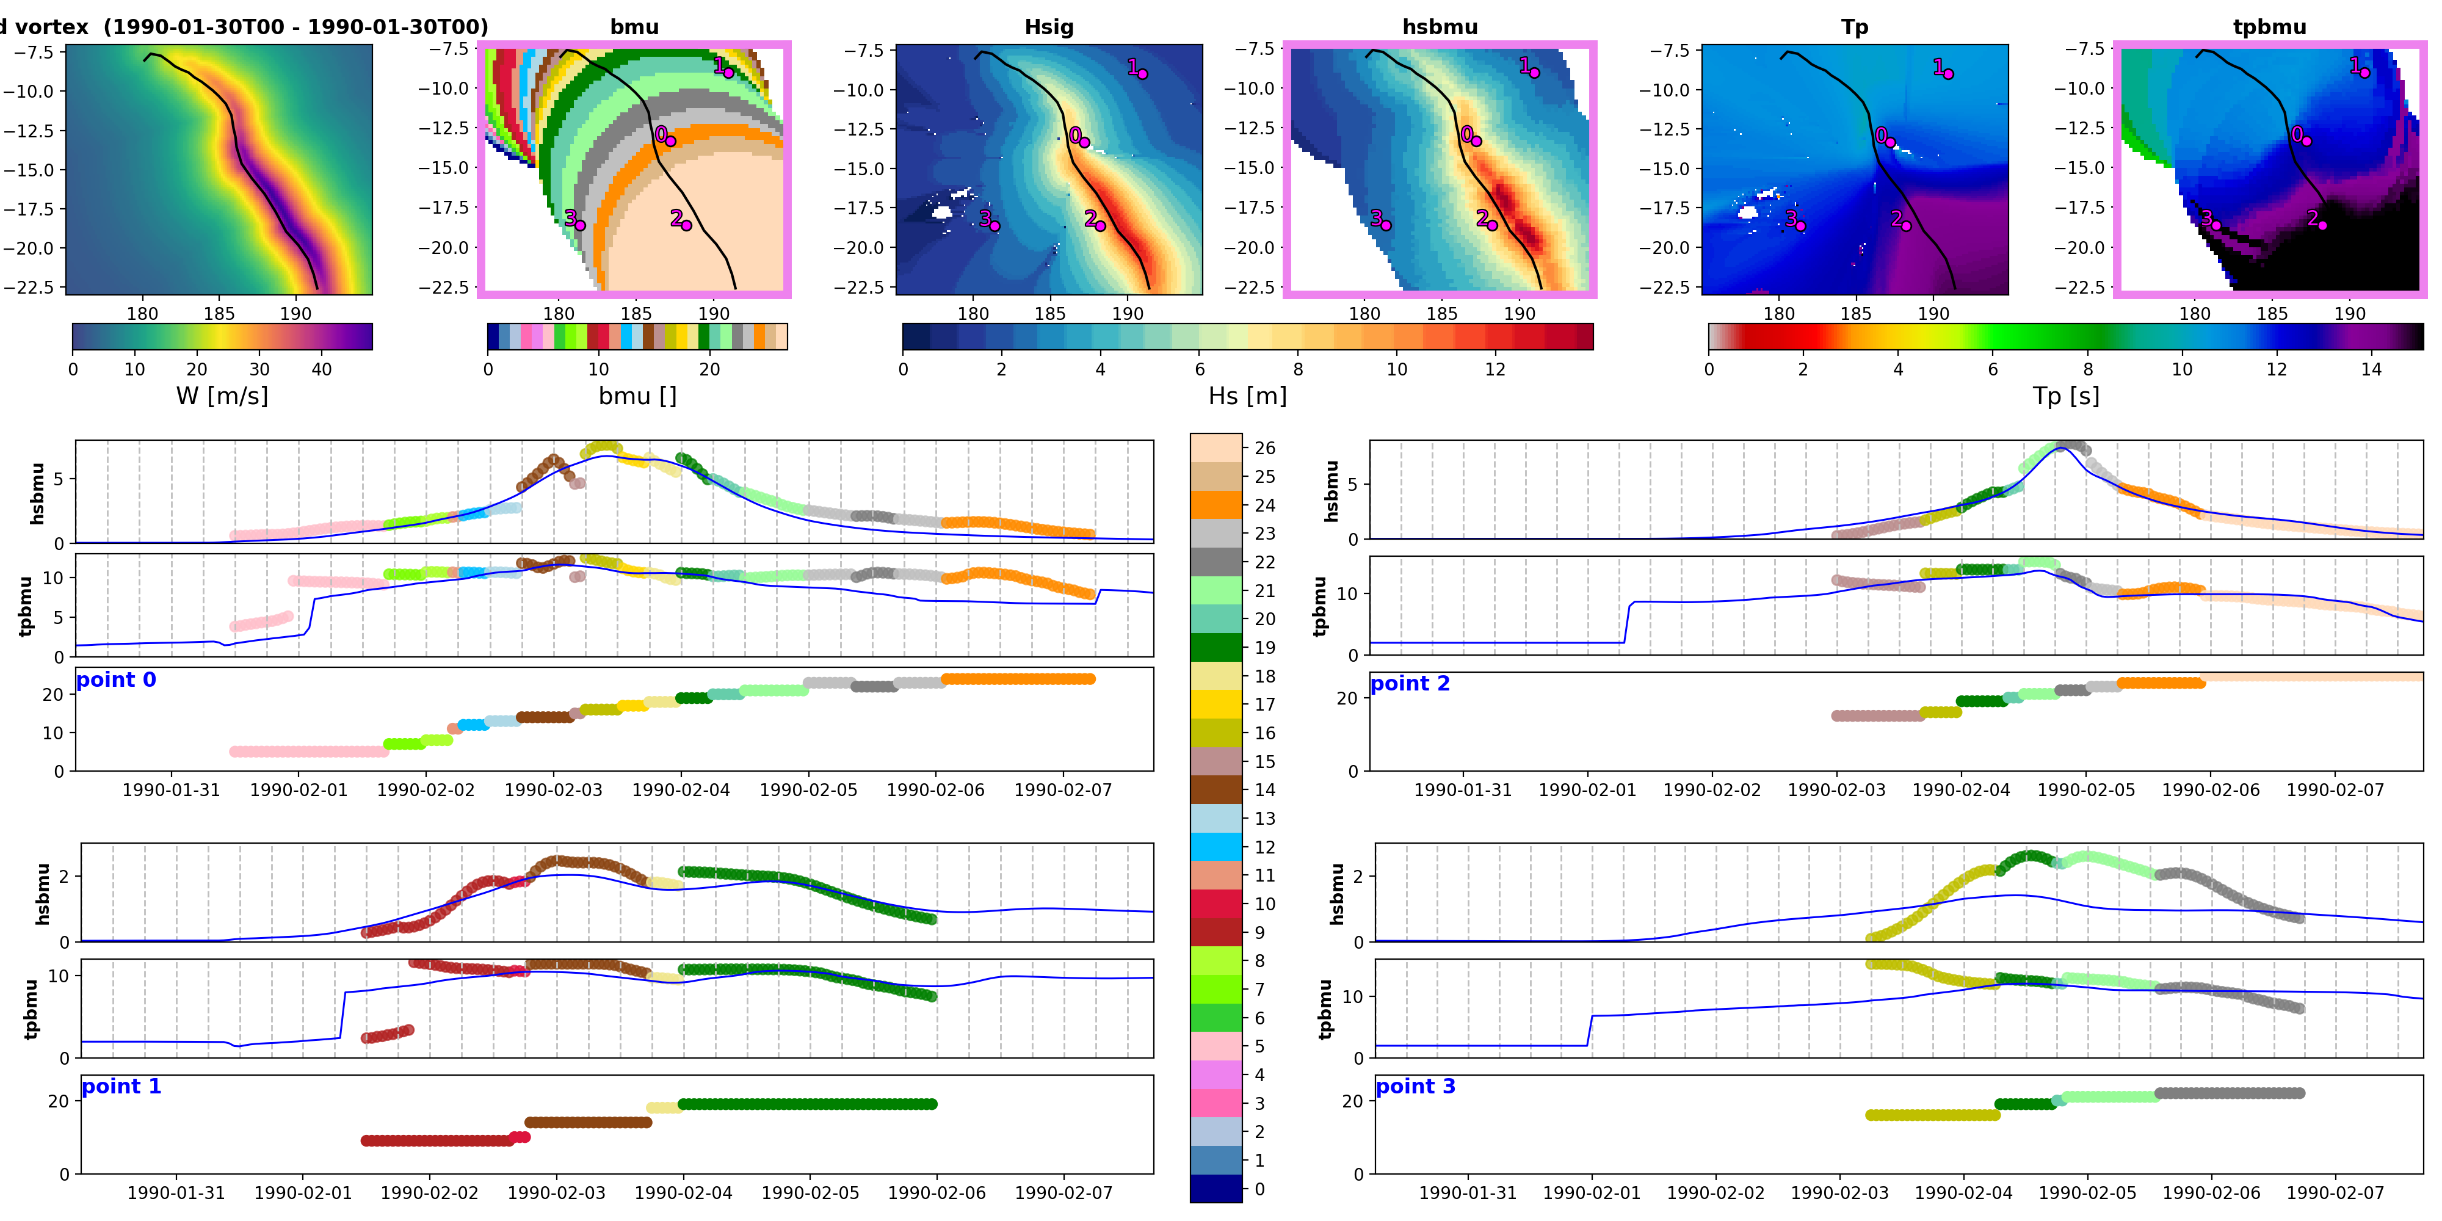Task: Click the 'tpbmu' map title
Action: (x=2269, y=26)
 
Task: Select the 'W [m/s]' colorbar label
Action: (x=222, y=396)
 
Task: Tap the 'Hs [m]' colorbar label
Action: (x=1247, y=396)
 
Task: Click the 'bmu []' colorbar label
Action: (x=637, y=396)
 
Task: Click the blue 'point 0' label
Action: (x=115, y=679)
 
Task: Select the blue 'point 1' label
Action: (x=121, y=1087)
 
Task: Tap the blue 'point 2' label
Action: (x=1410, y=684)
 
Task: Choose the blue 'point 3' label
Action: (x=1415, y=1087)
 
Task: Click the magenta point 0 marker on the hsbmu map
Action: (x=1476, y=141)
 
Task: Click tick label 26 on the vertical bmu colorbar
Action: (x=1264, y=448)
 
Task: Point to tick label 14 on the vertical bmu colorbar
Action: (x=1264, y=789)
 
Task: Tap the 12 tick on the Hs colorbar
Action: (x=1495, y=369)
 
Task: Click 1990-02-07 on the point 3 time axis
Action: (x=2335, y=1192)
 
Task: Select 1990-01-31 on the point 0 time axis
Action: (x=171, y=789)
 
